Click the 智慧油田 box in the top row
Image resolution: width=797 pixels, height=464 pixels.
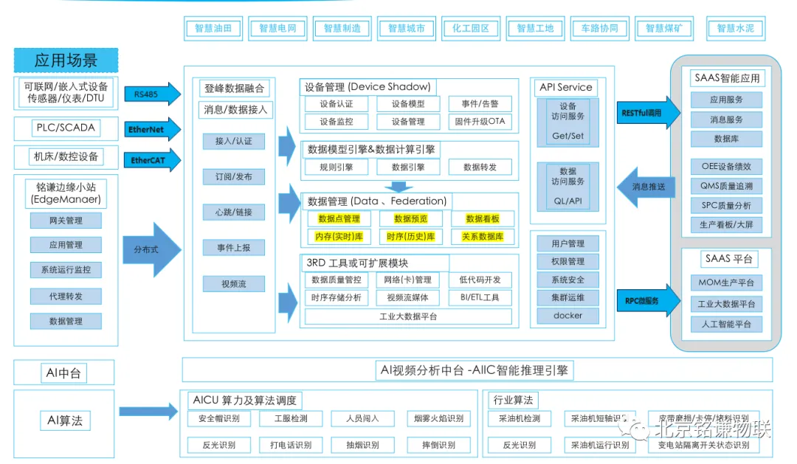[213, 29]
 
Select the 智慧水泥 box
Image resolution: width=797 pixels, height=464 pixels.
[735, 29]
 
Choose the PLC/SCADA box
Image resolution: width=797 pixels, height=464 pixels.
[66, 128]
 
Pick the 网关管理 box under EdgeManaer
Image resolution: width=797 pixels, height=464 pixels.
[66, 220]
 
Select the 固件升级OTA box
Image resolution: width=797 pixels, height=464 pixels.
[480, 122]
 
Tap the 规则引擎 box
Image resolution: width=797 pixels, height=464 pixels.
[336, 167]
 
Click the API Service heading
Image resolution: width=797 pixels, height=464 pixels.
[566, 87]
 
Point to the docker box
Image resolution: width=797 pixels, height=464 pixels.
[567, 315]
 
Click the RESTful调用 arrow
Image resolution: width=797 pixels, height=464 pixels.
[641, 113]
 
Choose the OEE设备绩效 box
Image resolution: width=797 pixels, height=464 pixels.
[726, 166]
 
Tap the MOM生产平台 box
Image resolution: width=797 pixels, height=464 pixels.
[726, 283]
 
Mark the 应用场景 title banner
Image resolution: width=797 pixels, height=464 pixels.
[66, 60]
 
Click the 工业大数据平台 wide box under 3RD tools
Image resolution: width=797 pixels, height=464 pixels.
[407, 316]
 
